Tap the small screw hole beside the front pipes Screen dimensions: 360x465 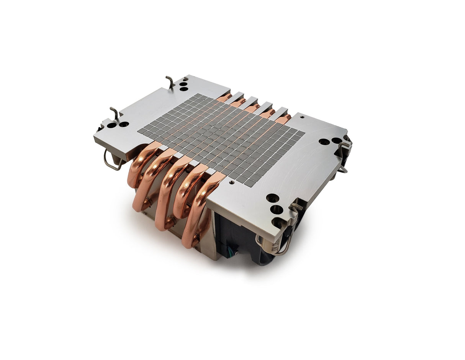tap(231, 183)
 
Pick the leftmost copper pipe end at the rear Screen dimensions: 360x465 tap(224, 97)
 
